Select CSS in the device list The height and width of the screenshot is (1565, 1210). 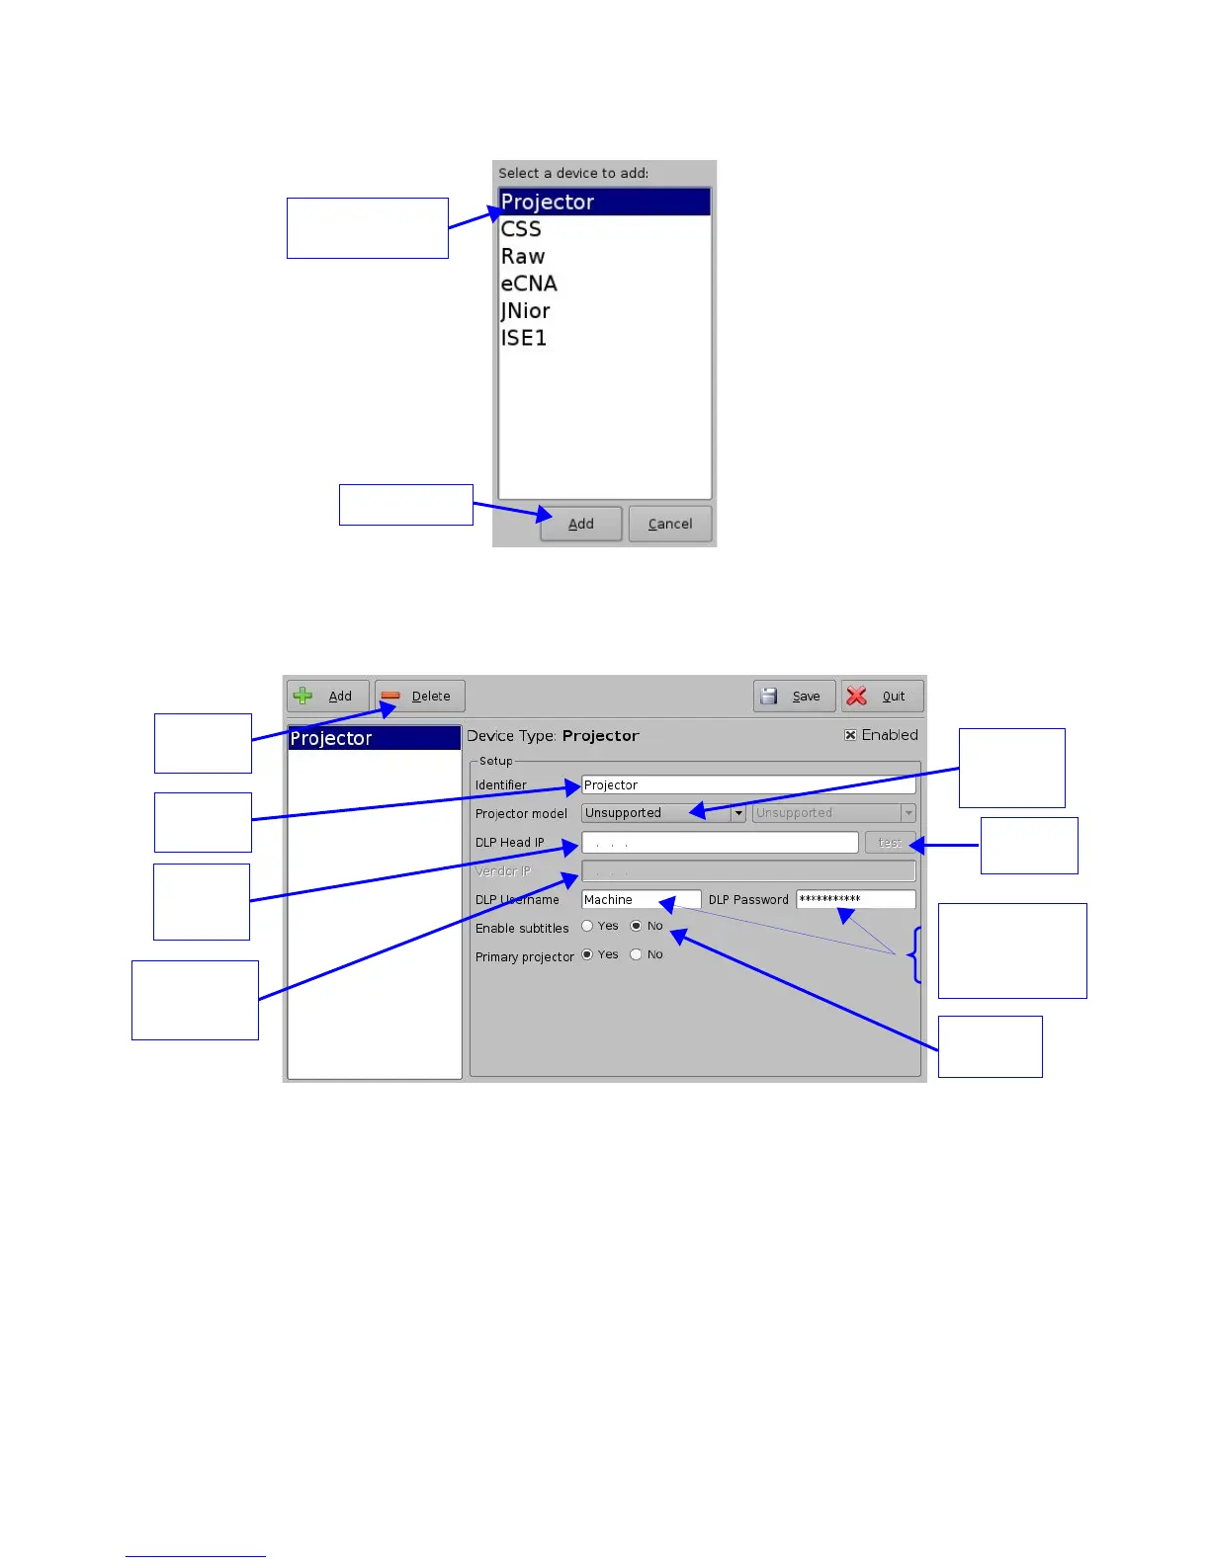[521, 229]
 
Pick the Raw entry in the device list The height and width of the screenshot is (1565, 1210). [523, 257]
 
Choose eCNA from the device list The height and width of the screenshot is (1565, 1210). [529, 284]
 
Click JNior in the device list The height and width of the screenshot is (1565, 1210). [525, 311]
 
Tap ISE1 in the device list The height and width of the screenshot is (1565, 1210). [524, 338]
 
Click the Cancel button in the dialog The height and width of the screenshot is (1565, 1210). [669, 524]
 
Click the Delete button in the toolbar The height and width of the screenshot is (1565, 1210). [419, 697]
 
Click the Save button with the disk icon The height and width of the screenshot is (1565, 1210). [794, 697]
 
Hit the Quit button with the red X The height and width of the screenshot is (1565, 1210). [882, 697]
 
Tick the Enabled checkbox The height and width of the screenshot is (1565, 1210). [850, 735]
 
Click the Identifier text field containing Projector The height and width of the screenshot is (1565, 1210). [747, 785]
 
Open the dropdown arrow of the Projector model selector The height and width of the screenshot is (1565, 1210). [738, 813]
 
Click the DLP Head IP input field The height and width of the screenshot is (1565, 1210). [719, 843]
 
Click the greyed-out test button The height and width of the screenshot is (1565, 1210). [890, 843]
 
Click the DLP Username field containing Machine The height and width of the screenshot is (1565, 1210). [641, 900]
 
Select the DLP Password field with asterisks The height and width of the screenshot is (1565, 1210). [855, 899]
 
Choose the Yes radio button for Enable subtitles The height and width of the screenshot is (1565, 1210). [587, 927]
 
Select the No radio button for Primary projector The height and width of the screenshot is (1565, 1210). [636, 954]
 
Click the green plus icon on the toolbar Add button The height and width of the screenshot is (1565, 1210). [303, 697]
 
